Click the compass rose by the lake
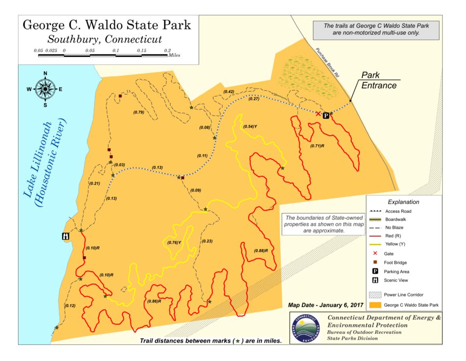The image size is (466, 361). point(45,89)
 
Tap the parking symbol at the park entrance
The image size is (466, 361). point(326,115)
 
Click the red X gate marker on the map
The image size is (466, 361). point(318,114)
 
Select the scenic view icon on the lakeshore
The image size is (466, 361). point(65,236)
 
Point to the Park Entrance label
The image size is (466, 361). point(379,80)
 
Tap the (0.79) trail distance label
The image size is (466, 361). point(139,112)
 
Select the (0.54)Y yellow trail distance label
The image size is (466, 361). point(250,127)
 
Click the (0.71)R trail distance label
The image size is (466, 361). point(318,145)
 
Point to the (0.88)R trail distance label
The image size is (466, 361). point(260,251)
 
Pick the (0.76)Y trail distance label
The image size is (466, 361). point(174,243)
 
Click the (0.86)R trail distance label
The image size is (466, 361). point(154,301)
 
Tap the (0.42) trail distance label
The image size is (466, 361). point(228,92)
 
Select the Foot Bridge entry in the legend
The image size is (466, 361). point(397,262)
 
